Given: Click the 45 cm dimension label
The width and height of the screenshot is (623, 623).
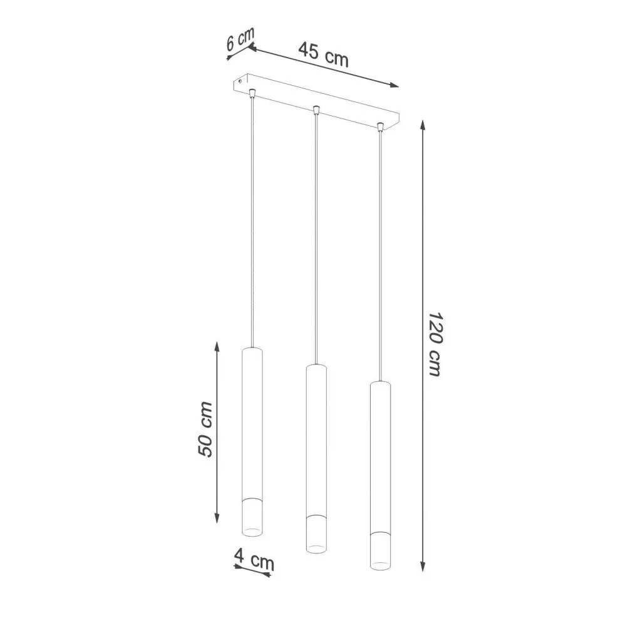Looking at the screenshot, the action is pos(323,54).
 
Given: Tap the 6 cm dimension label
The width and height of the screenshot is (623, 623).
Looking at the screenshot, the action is pos(240,39).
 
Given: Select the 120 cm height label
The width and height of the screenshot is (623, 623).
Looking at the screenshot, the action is pos(435,344).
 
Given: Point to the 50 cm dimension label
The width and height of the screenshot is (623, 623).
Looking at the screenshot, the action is pos(205,429).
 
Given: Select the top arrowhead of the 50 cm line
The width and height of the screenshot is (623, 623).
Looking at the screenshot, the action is pos(217,346).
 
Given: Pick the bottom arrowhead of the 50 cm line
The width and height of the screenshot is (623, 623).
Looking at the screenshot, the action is pos(217,518).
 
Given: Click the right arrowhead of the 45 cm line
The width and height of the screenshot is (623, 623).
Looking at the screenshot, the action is pos(394,85).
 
